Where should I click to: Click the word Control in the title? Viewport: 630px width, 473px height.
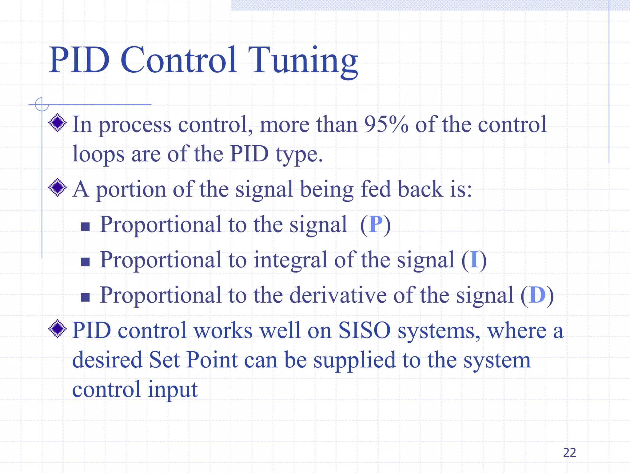179,60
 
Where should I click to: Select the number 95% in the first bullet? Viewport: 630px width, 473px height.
386,125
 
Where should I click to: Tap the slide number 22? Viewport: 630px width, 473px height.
569,453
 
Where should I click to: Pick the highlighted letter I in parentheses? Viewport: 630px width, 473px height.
474,260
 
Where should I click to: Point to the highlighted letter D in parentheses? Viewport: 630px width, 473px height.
537,295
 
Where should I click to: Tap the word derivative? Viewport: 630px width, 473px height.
338,295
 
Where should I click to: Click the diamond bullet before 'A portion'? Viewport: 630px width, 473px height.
58,188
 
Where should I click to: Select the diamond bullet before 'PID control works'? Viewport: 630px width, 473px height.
58,329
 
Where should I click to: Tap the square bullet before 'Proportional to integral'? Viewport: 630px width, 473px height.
85,262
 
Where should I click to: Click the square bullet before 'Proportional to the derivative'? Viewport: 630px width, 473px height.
85,297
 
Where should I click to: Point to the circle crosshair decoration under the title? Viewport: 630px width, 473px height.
42,104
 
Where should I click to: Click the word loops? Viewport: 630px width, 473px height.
98,154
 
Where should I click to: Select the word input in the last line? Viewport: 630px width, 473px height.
172,390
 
